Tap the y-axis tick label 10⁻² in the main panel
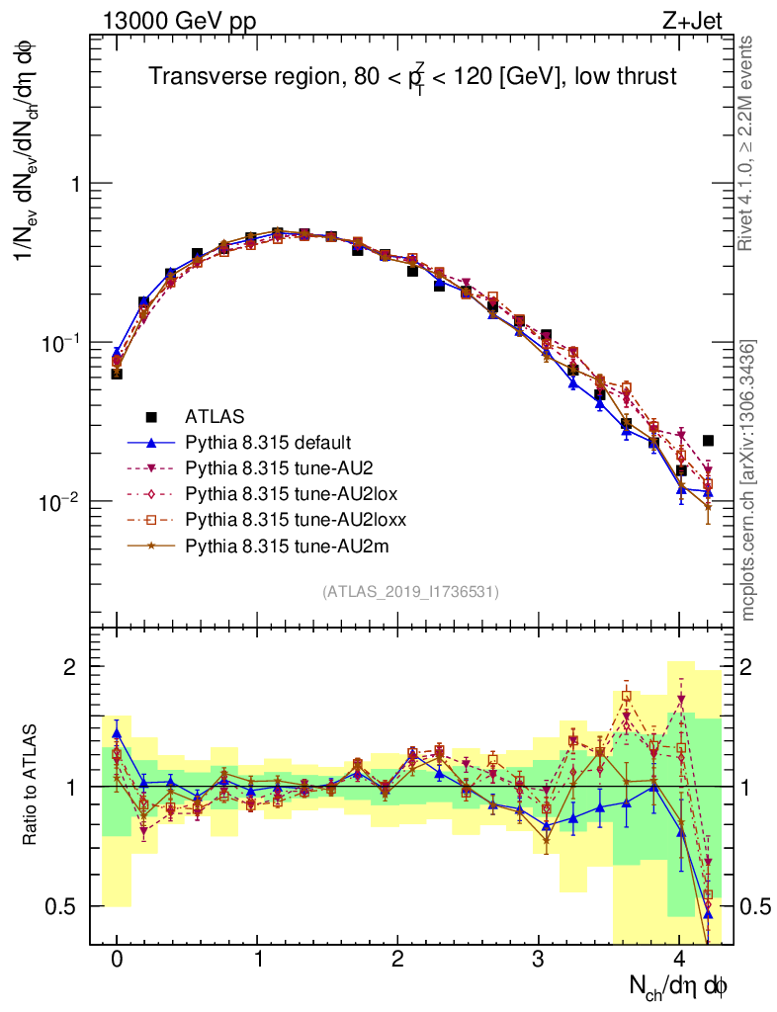(61, 502)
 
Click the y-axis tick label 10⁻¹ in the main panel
(61, 343)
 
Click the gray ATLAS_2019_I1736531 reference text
(410, 592)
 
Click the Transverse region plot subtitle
(412, 77)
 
